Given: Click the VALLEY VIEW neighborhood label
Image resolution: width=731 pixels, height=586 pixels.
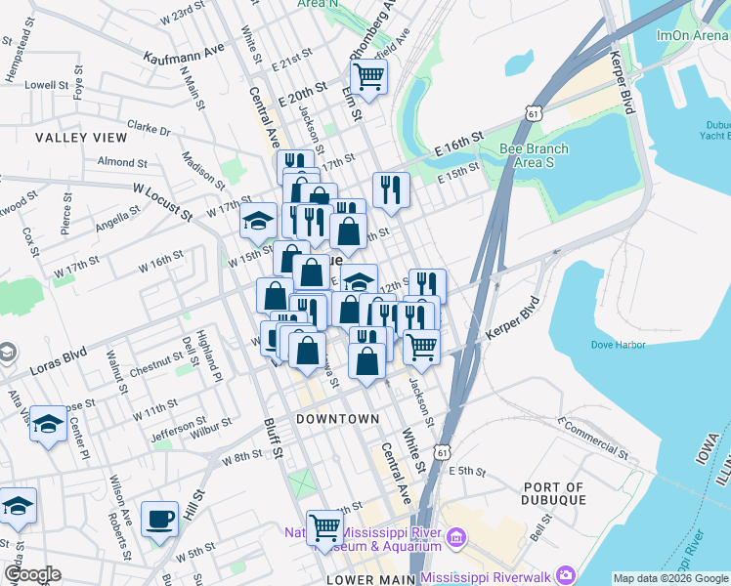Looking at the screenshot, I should [x=81, y=138].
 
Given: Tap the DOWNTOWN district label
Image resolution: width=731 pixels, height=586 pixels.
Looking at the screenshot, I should [x=337, y=418].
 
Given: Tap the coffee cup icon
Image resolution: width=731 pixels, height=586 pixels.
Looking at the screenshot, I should [x=159, y=519].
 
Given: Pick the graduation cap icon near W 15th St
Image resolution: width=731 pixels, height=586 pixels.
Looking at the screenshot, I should [x=259, y=222].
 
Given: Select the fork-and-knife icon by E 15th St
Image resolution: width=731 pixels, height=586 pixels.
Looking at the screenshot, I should [x=391, y=188].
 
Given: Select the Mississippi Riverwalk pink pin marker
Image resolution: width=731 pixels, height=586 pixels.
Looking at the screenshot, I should [x=565, y=575].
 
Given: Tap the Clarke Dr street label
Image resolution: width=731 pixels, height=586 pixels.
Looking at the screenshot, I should [x=149, y=128].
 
